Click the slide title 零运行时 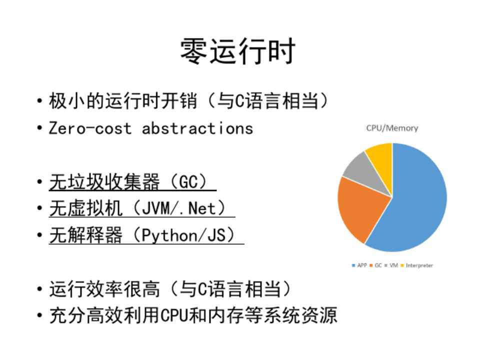coord(238,51)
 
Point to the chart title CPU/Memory coord(392,128)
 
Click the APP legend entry coord(359,265)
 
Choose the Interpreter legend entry coord(416,265)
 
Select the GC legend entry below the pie coord(375,265)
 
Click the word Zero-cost coord(90,128)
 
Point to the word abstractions coord(197,128)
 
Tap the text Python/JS coord(183,235)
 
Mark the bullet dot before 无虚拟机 coord(39,208)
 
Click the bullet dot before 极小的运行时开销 coord(39,100)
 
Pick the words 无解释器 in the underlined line coord(85,235)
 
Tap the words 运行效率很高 coord(104,288)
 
